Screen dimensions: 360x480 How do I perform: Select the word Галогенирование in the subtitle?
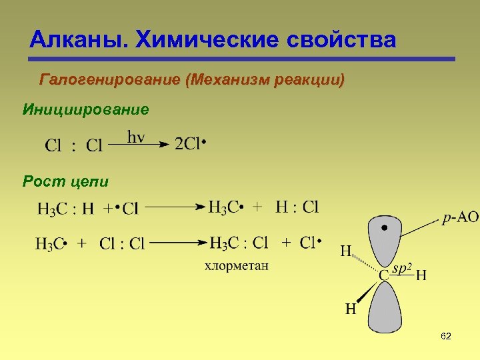110,81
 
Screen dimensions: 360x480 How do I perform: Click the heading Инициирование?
86,109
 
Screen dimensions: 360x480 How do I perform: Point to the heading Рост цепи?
65,181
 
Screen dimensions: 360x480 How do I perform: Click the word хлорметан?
236,266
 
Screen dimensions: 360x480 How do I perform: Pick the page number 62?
446,337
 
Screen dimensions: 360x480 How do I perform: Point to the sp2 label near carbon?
402,268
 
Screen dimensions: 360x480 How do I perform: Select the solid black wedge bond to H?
366,291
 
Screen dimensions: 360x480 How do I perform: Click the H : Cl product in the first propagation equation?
297,207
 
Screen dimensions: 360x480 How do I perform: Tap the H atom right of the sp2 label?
421,275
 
